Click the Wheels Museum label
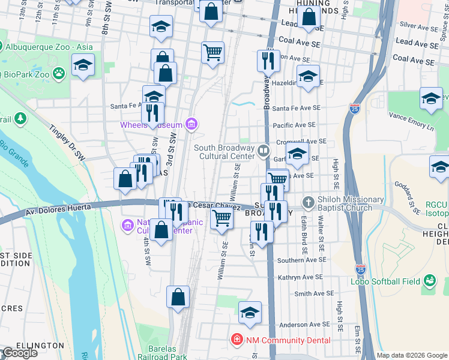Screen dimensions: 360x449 [x=151, y=125]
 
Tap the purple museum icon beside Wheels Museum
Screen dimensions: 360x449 [x=191, y=124]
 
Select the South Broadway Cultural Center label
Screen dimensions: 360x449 [x=224, y=152]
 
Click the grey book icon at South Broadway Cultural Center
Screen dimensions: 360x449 [x=263, y=151]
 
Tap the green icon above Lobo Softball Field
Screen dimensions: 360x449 [x=429, y=280]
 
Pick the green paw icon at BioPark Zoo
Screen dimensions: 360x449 [x=59, y=74]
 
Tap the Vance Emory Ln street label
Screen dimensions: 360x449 [x=411, y=120]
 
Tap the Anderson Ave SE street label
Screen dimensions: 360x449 [x=303, y=325]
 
